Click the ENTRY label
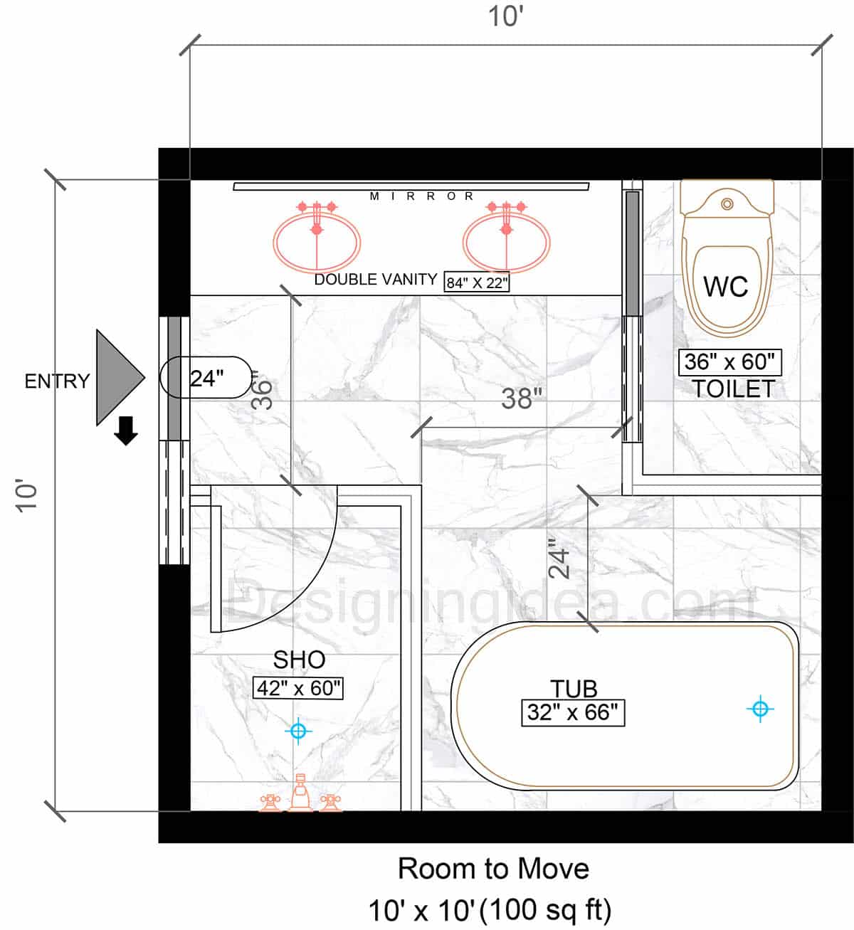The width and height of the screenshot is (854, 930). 57,381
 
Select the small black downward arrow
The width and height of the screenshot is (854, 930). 126,430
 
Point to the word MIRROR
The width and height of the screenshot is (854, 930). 421,196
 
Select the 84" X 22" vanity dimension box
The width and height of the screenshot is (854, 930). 477,282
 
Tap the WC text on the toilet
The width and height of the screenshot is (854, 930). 726,286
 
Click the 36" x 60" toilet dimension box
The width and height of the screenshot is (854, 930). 729,362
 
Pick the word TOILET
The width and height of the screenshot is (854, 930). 734,389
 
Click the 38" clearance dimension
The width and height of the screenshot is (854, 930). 522,398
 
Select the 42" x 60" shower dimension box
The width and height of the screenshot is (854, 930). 298,688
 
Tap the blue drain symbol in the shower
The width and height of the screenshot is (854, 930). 298,731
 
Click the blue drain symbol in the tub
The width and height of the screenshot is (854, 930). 760,709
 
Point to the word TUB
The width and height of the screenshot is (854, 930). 574,689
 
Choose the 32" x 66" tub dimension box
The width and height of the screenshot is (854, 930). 573,712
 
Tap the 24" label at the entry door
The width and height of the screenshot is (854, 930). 207,379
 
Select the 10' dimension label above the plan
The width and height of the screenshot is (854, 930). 506,16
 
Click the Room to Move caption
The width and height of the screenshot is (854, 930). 494,869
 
